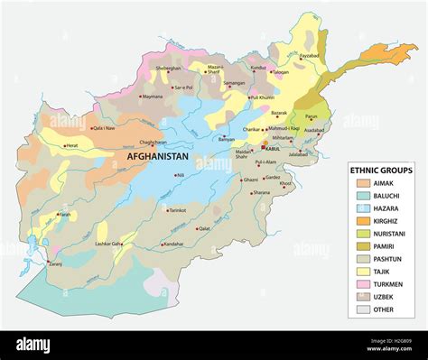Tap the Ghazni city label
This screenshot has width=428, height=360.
[250, 180]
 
